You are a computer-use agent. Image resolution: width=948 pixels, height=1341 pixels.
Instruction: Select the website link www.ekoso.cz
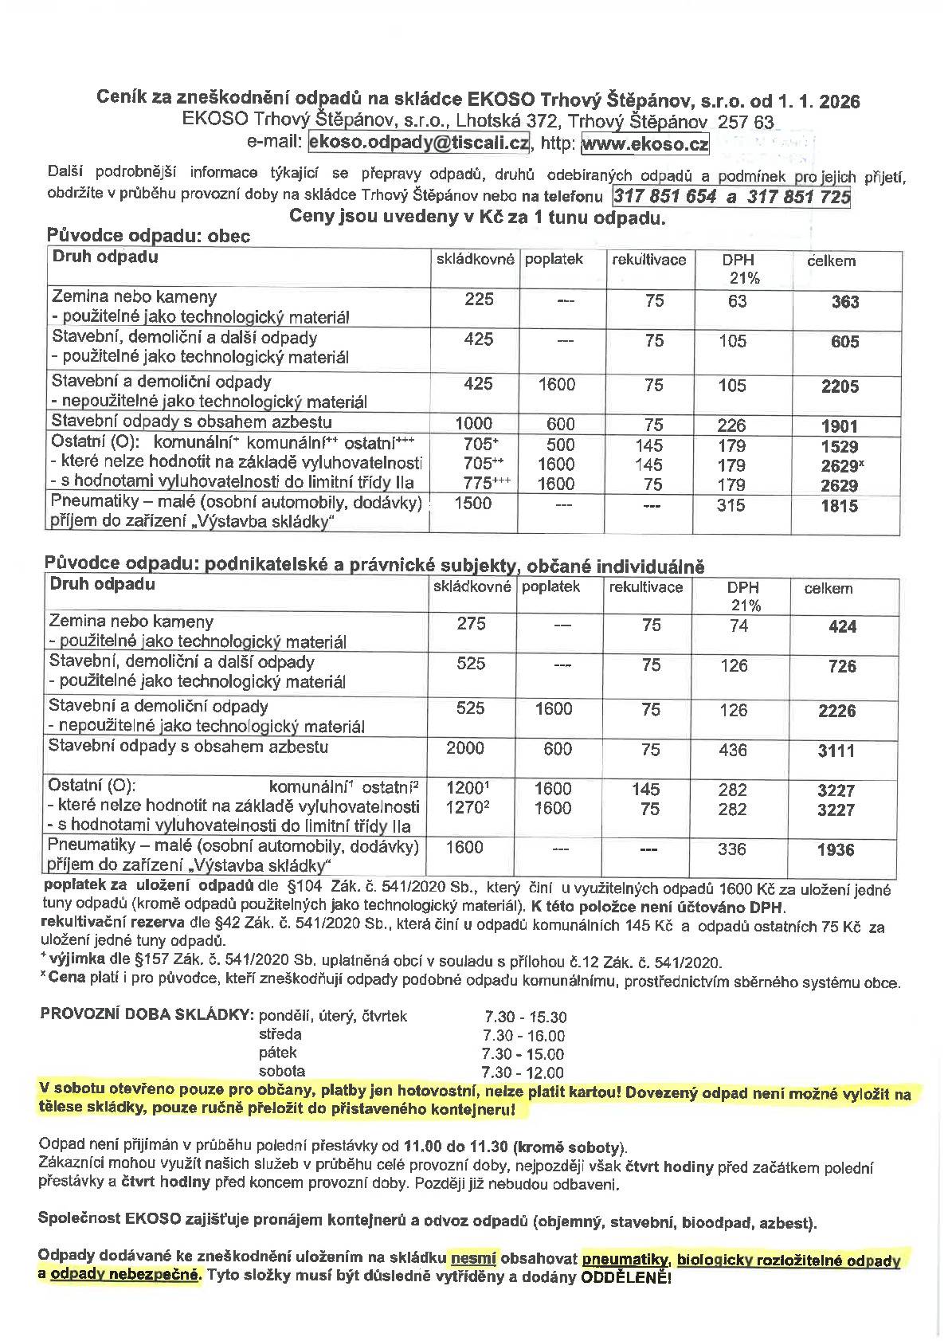coord(644,144)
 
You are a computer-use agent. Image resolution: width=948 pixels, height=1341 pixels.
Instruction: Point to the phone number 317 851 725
coord(798,197)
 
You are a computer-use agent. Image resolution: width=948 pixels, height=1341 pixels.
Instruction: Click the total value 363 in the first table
coord(845,302)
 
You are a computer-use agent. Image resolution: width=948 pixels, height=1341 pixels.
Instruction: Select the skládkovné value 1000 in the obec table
coord(473,424)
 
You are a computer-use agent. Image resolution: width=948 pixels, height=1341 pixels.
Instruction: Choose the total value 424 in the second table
coord(842,627)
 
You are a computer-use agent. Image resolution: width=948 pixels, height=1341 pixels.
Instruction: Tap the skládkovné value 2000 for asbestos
coord(465,747)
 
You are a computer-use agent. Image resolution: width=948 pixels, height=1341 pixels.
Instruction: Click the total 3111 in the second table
coord(836,751)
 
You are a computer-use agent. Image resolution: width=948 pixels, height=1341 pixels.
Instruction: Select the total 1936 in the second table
coord(836,850)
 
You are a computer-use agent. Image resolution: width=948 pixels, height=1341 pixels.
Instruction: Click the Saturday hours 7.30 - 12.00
coord(523,1072)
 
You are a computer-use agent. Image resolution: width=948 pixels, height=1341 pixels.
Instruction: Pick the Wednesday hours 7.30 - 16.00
coord(523,1036)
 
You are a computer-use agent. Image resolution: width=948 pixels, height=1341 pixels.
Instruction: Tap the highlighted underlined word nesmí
coord(473,1259)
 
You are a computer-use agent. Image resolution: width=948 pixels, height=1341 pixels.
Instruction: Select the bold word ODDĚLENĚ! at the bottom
coord(626,1278)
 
